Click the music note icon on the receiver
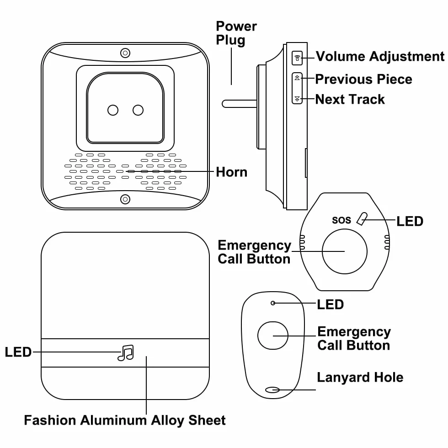point(126,352)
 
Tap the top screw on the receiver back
point(125,53)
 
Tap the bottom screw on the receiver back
point(125,199)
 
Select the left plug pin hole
point(113,110)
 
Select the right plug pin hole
point(138,110)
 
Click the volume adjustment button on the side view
point(297,58)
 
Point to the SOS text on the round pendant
point(341,220)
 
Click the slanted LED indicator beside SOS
point(362,219)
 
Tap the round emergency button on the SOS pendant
point(345,251)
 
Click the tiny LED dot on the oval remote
point(273,303)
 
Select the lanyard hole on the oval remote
point(272,389)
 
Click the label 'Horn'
point(231,172)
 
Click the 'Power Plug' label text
point(236,33)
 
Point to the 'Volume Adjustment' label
point(380,57)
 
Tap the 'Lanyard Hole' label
point(360,377)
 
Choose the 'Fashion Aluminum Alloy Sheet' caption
point(125,420)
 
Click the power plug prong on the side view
point(240,104)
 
